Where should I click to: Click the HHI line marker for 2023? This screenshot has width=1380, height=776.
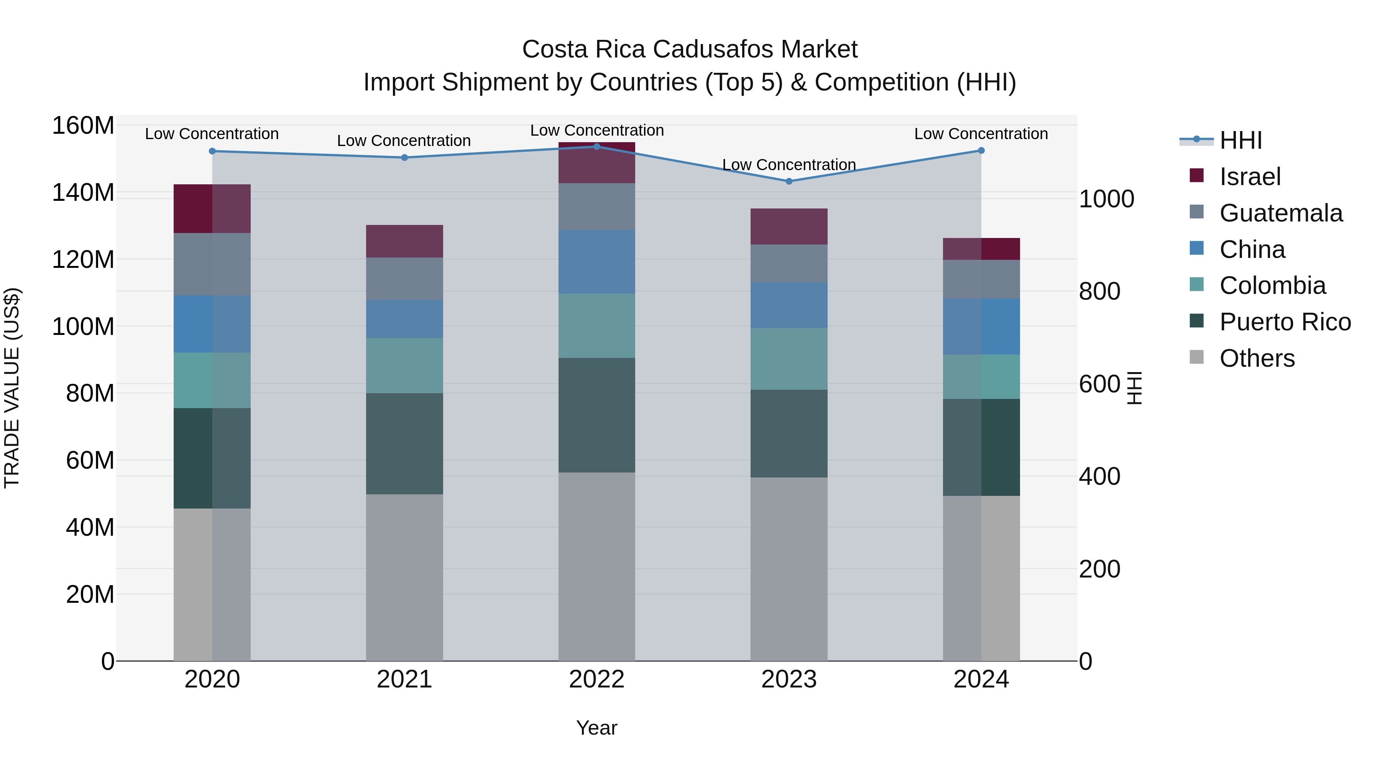[x=789, y=181]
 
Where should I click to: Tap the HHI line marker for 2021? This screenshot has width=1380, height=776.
[x=404, y=157]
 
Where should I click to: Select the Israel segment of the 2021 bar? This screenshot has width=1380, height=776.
[x=404, y=241]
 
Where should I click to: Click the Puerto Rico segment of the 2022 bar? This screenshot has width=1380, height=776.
[x=597, y=415]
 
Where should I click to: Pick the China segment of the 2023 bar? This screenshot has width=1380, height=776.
[x=789, y=305]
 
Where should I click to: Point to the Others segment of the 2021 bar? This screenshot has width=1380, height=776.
[x=404, y=577]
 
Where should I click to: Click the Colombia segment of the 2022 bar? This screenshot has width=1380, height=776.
[x=597, y=326]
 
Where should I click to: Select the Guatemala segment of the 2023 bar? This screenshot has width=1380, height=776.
[x=789, y=264]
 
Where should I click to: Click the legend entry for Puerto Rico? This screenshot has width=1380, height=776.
[x=1284, y=322]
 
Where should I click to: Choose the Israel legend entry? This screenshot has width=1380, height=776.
[x=1249, y=177]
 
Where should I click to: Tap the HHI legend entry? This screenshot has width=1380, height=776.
[x=1240, y=140]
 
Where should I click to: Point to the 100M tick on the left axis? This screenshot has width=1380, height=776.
[x=83, y=326]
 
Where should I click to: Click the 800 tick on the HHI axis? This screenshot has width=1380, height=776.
[x=1099, y=291]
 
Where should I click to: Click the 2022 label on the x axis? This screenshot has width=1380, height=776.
[x=597, y=679]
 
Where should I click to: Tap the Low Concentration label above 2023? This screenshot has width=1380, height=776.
[x=789, y=164]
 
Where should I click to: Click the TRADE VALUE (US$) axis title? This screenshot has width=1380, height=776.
[x=12, y=388]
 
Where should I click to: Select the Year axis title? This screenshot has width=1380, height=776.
[x=597, y=728]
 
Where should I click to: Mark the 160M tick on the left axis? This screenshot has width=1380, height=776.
[x=83, y=126]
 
